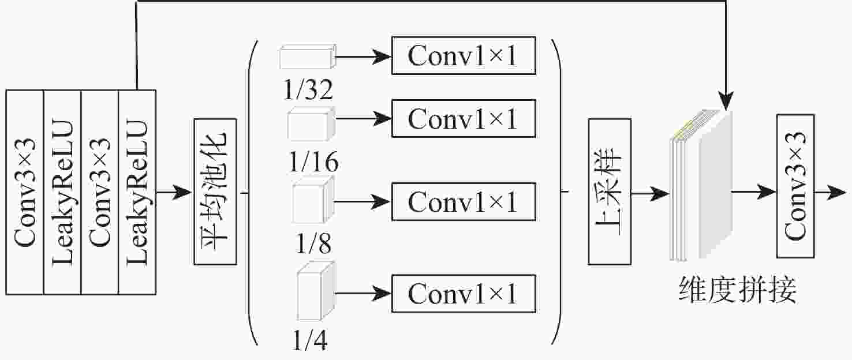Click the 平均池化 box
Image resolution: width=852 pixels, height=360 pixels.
(216, 192)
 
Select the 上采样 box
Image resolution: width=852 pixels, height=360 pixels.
(610, 192)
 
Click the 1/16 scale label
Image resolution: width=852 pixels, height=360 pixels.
(312, 164)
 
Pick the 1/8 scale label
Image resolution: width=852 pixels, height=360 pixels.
(313, 245)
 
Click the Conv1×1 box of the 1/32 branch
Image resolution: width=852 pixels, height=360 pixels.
(464, 55)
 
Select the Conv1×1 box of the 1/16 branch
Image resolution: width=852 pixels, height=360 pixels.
(464, 118)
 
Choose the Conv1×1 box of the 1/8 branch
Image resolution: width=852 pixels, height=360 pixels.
(464, 201)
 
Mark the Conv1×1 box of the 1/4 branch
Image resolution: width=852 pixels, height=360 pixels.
(464, 294)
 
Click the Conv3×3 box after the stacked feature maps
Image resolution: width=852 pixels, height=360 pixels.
(796, 186)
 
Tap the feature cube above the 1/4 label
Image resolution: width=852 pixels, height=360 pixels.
(315, 292)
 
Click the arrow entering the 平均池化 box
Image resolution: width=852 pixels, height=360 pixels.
(175, 192)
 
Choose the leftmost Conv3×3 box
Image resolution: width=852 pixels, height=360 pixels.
(25, 192)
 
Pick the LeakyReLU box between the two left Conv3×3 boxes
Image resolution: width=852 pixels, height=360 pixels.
(62, 192)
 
